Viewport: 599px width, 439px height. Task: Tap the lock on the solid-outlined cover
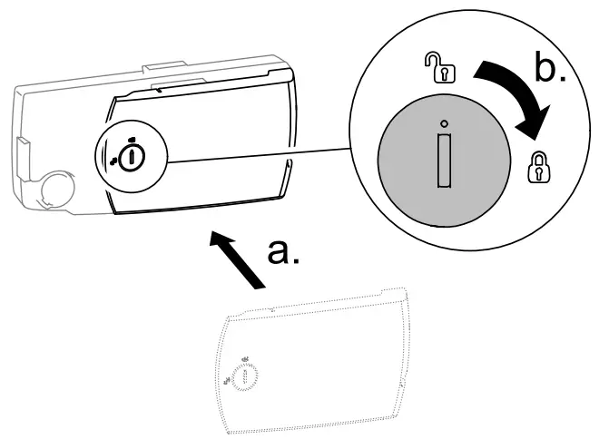click(133, 155)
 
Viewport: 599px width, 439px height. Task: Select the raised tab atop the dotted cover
click(272, 309)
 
